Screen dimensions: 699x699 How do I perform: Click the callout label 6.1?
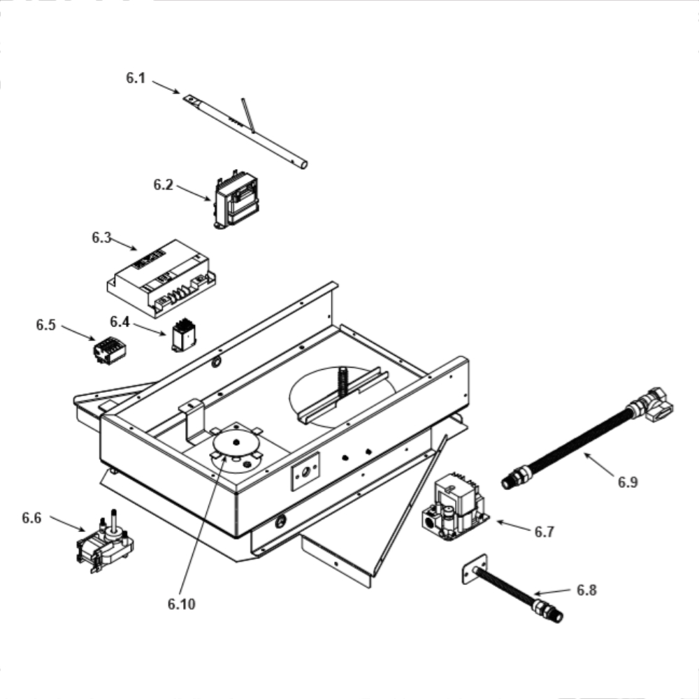[136, 78]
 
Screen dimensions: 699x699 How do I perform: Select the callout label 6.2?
[163, 185]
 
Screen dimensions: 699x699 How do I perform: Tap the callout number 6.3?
[101, 238]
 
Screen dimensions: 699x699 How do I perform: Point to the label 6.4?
[120, 322]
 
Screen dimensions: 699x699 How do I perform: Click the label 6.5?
[46, 325]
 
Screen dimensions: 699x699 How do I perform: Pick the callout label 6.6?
[31, 518]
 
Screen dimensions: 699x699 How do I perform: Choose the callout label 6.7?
[544, 531]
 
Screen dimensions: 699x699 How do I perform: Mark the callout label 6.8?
[586, 590]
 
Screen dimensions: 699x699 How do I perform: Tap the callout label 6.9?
[628, 482]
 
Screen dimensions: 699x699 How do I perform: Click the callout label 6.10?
[182, 604]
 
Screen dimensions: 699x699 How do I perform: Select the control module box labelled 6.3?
[161, 279]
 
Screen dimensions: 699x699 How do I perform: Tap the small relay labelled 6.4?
[184, 336]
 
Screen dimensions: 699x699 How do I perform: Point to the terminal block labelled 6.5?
[110, 350]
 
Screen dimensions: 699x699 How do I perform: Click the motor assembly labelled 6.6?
[106, 543]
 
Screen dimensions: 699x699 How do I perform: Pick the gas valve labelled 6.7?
[455, 506]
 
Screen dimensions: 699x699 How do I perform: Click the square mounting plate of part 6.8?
[475, 569]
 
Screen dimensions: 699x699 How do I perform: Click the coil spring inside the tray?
[343, 382]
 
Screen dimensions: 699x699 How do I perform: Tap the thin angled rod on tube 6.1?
[248, 115]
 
